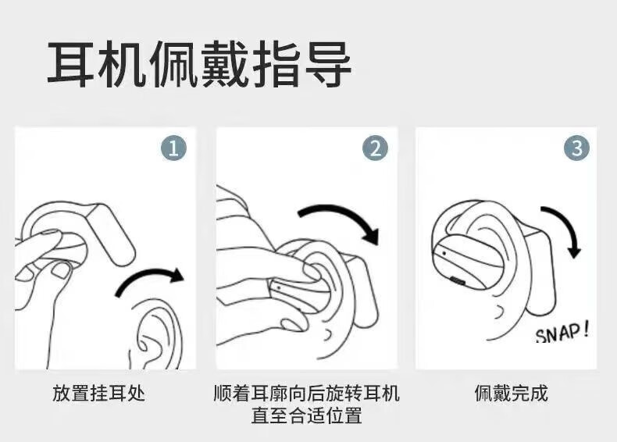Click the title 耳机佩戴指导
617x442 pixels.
coord(199,65)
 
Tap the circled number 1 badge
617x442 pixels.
coord(173,149)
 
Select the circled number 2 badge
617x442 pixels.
coord(375,149)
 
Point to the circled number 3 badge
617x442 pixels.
coord(577,149)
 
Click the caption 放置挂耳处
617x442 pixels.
coord(98,393)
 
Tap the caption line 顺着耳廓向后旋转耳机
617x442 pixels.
coord(306,393)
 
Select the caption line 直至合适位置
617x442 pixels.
coord(306,415)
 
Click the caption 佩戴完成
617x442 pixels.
coord(511,393)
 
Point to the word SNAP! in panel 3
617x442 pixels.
coord(562,332)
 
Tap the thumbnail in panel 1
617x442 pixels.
coord(61,270)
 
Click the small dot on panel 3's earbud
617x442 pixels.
coord(444,253)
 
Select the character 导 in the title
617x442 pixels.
coord(328,65)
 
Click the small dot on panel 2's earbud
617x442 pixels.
coord(279,288)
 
